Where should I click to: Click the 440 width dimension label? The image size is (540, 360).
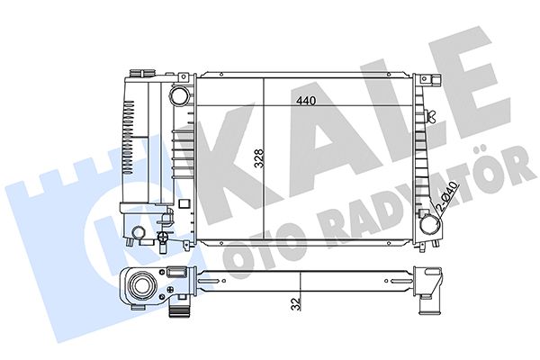coord(306,101)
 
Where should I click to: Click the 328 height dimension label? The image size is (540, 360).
coord(259,158)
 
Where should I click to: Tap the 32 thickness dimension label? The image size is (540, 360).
coord(296,304)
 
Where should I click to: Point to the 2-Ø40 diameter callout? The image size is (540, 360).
coord(447,196)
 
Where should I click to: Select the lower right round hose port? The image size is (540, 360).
coord(430,225)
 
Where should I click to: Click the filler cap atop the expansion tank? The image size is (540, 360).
coord(142,74)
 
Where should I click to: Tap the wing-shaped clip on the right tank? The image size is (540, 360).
coord(430,116)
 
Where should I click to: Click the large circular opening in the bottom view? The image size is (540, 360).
coord(142,286)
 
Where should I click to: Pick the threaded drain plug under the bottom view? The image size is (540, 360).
coord(179,311)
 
